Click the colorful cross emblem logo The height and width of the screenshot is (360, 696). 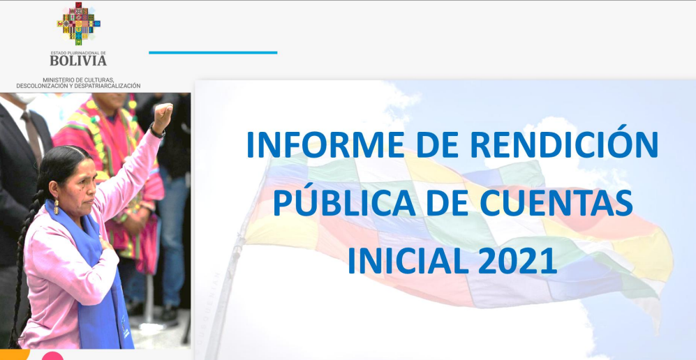pyautogui.click(x=79, y=24)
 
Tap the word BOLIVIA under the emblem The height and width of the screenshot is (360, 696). pyautogui.click(x=78, y=60)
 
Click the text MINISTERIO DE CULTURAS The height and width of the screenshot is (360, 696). pyautogui.click(x=79, y=80)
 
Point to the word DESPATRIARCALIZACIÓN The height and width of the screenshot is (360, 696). pyautogui.click(x=106, y=86)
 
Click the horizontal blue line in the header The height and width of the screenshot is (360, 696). pyautogui.click(x=213, y=53)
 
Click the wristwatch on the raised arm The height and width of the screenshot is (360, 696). pyautogui.click(x=157, y=132)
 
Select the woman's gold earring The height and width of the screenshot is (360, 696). pyautogui.click(x=57, y=206)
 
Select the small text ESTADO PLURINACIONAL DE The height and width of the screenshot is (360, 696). pyautogui.click(x=78, y=52)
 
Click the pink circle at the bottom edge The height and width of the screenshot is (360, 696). pyautogui.click(x=52, y=356)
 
